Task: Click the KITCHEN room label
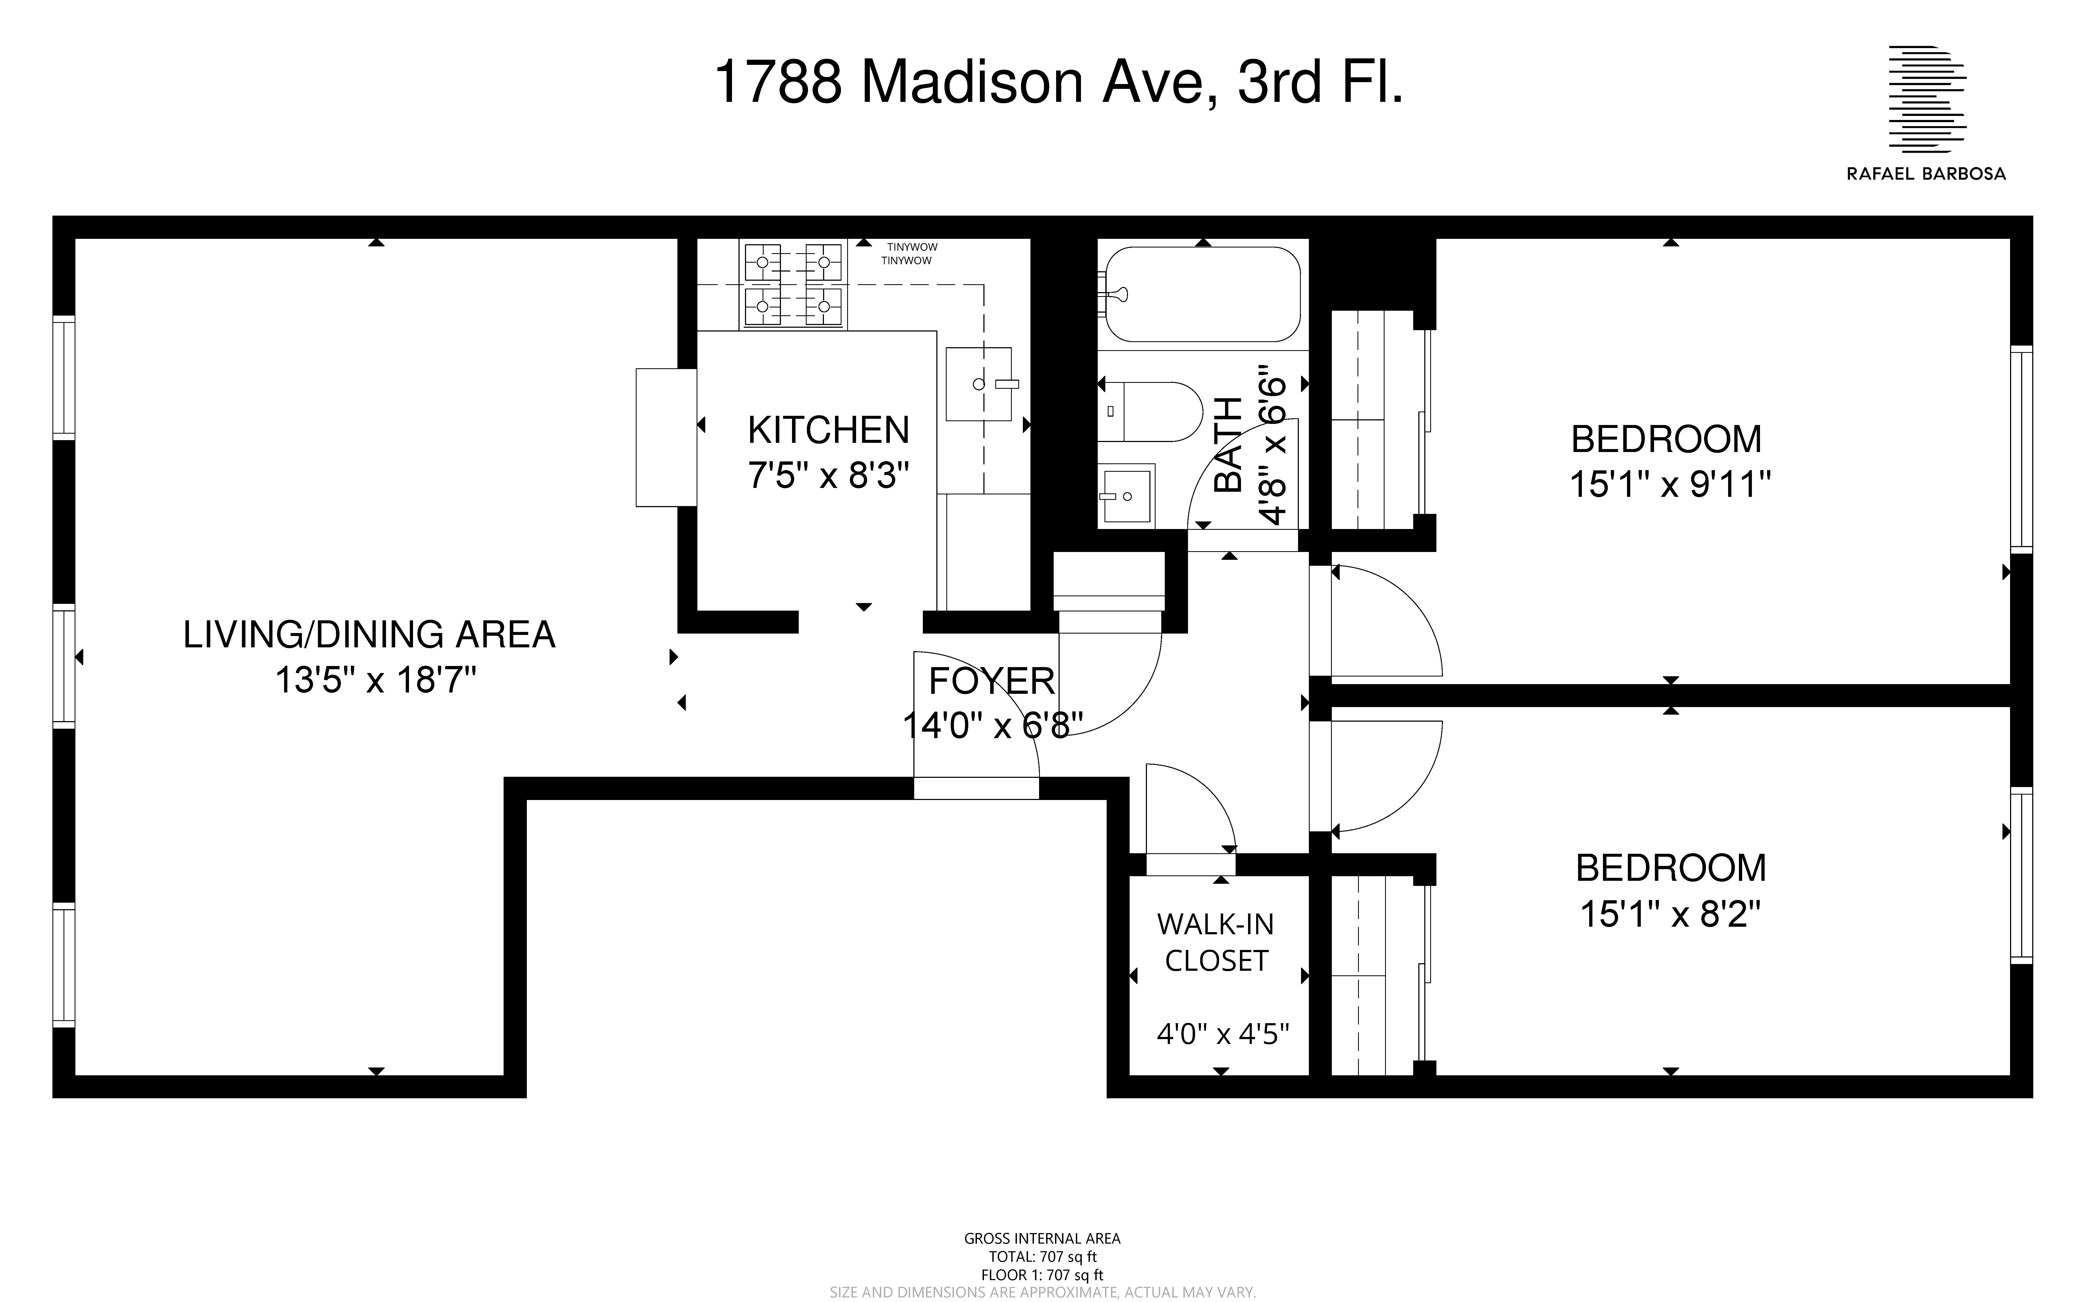[x=828, y=430]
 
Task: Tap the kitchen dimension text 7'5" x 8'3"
[x=828, y=475]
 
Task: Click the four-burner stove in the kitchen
[x=792, y=284]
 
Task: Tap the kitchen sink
[x=979, y=384]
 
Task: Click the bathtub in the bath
[x=1202, y=294]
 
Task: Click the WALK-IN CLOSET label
[x=1215, y=942]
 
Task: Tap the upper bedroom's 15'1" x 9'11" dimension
[x=1669, y=485]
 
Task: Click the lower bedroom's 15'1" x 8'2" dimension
[x=1669, y=914]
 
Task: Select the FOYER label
[x=991, y=681]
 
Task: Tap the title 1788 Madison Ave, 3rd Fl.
[x=1059, y=83]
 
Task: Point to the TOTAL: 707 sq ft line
[x=1042, y=1256]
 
